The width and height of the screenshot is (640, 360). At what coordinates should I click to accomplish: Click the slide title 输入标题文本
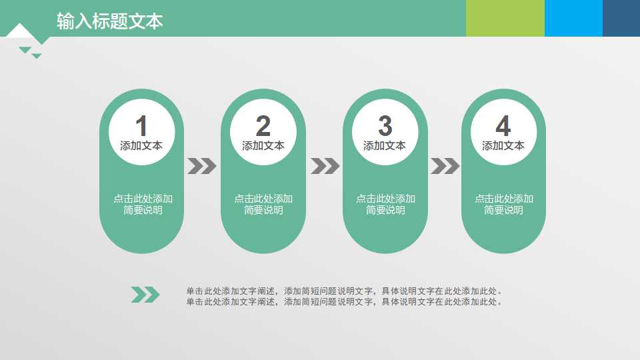[110, 21]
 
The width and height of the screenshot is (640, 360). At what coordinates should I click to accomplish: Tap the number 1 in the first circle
[141, 126]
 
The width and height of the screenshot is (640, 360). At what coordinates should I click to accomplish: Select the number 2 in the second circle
[263, 126]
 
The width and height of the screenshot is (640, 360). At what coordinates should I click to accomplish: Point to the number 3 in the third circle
[385, 125]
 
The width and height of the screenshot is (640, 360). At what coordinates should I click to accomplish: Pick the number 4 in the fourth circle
[503, 126]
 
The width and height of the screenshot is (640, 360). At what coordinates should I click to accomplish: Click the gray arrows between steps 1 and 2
[202, 166]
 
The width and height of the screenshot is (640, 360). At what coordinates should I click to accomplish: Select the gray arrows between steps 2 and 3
[325, 166]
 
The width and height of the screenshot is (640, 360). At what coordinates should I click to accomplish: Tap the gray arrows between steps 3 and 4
[445, 166]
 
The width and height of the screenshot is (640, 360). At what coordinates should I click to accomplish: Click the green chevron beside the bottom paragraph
[145, 295]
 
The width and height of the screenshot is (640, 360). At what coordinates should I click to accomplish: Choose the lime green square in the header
[505, 18]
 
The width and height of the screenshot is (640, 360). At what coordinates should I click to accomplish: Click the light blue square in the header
[573, 18]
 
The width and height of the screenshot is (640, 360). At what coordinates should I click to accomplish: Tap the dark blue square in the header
[621, 18]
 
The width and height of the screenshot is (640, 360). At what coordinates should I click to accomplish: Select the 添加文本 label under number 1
[141, 145]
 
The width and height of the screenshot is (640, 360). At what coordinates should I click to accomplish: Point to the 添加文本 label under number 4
[503, 145]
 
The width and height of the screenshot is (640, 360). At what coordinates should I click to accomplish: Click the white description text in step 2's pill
[263, 204]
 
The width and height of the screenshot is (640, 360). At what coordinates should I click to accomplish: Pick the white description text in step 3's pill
[385, 204]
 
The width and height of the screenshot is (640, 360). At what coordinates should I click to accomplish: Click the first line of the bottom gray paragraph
[344, 291]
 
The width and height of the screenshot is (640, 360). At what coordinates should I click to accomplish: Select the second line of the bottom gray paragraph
[344, 302]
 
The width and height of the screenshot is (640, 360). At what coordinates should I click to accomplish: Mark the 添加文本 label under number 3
[385, 145]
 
